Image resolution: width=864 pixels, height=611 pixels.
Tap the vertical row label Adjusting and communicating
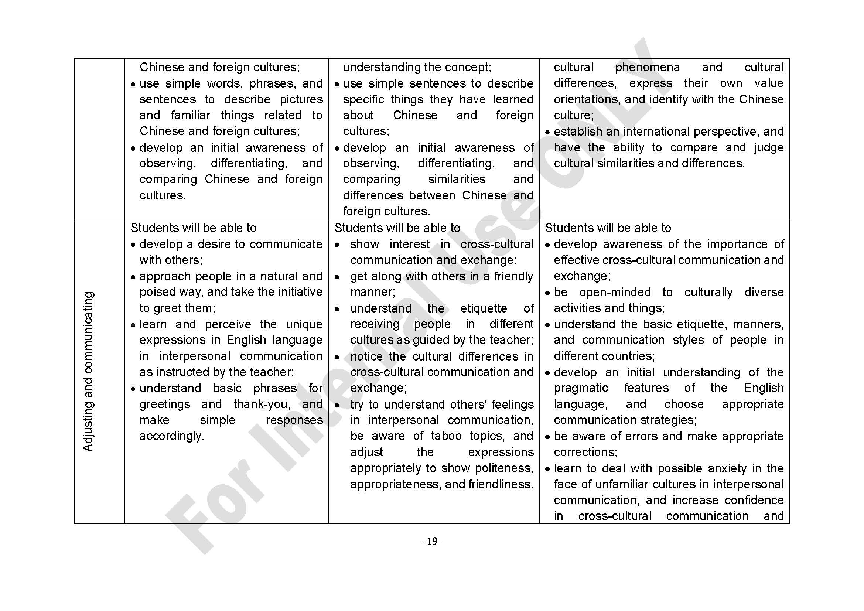pyautogui.click(x=88, y=371)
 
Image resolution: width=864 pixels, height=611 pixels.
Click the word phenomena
pyautogui.click(x=647, y=67)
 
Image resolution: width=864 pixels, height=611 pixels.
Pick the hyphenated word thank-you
pyautogui.click(x=262, y=404)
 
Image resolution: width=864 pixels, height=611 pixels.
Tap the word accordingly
pyautogui.click(x=172, y=436)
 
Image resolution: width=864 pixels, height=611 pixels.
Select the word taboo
pyautogui.click(x=446, y=436)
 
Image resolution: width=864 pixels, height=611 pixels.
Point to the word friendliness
pyautogui.click(x=501, y=484)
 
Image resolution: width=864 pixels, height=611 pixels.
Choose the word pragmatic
pyautogui.click(x=581, y=388)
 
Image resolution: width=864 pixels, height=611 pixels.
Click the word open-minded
pyautogui.click(x=615, y=292)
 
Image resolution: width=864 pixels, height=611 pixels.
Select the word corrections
pyautogui.click(x=585, y=452)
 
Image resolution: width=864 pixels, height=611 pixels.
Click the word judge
pyautogui.click(x=769, y=147)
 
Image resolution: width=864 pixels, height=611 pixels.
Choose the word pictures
pyautogui.click(x=301, y=99)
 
